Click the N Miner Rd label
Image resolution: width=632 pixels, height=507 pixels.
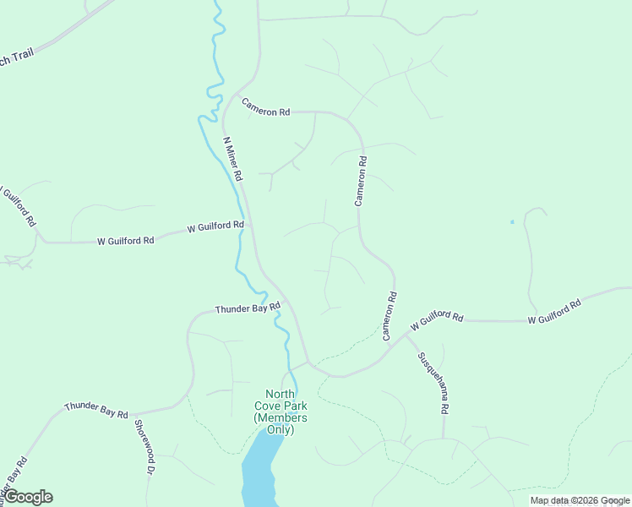click(232, 159)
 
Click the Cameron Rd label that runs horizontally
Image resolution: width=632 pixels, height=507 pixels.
click(265, 107)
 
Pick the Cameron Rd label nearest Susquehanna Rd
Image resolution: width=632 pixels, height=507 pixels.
click(390, 316)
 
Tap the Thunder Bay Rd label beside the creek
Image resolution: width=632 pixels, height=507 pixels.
click(247, 309)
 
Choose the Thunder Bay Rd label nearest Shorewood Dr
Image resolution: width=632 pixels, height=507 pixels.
click(95, 412)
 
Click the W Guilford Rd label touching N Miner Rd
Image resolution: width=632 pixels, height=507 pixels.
click(215, 227)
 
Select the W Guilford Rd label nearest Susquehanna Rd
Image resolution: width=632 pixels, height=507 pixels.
click(437, 320)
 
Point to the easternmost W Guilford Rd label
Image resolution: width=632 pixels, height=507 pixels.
click(554, 312)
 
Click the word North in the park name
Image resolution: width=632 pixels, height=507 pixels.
click(281, 394)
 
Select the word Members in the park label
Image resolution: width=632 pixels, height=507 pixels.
click(281, 417)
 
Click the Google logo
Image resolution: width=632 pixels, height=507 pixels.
click(27, 497)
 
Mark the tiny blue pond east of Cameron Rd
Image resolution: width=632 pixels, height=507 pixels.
click(511, 222)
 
